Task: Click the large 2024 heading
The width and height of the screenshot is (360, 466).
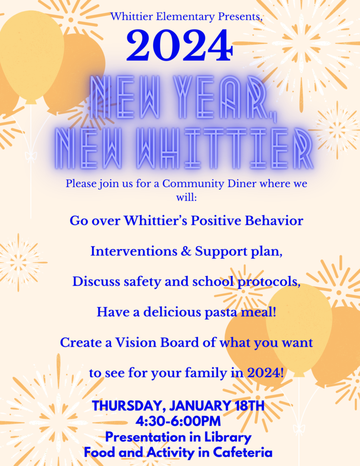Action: click(x=180, y=46)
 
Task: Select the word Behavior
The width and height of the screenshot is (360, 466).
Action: click(x=273, y=221)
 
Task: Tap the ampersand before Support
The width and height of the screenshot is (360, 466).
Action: click(x=187, y=251)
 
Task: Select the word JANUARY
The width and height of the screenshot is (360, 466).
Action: click(x=192, y=405)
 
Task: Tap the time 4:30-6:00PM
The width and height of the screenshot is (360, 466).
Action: click(x=178, y=421)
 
